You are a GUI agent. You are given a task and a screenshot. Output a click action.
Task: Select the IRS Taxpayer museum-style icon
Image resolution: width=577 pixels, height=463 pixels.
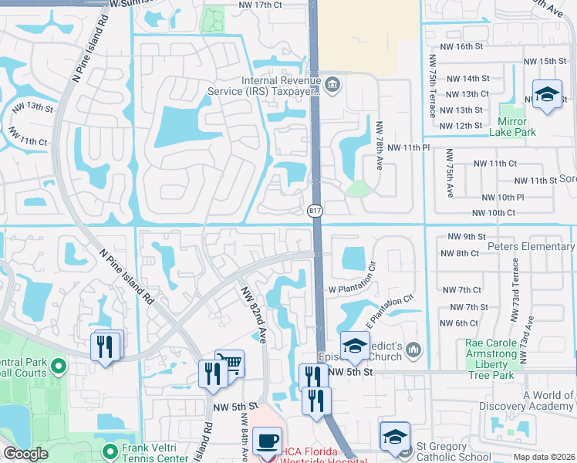[332, 85]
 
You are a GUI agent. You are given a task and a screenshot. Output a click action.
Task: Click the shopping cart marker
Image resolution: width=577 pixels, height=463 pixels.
[229, 363]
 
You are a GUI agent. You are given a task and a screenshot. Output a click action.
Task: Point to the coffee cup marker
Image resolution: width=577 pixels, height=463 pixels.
[268, 441]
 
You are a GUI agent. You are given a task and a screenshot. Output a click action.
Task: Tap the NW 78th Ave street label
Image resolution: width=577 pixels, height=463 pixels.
[380, 144]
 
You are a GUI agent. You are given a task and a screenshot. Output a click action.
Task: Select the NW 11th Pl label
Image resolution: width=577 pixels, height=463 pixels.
[408, 147]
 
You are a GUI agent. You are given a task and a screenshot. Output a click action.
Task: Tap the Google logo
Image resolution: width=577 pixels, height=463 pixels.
[25, 454]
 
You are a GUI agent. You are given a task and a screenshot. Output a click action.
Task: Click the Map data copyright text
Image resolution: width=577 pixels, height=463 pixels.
[543, 457]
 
